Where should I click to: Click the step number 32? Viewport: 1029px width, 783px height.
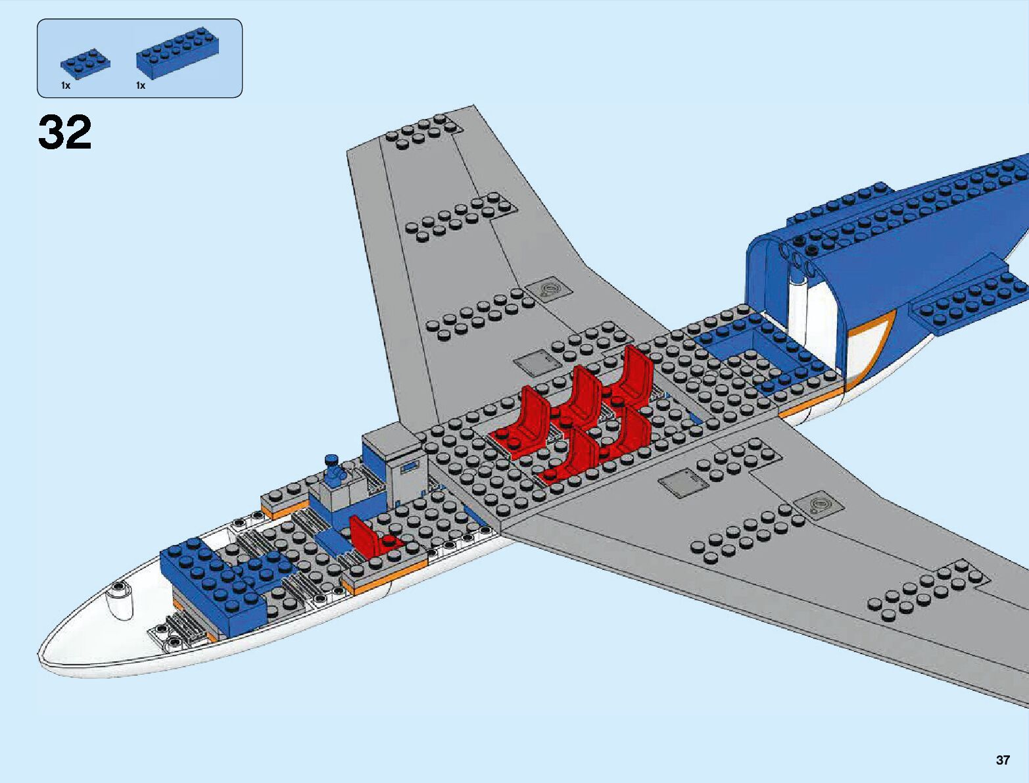click(64, 133)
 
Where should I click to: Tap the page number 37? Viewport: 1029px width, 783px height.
click(1002, 760)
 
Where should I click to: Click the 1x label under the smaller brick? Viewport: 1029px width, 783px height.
click(66, 85)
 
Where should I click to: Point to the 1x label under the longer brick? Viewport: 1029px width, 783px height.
click(141, 85)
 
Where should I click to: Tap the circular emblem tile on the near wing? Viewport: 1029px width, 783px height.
click(819, 505)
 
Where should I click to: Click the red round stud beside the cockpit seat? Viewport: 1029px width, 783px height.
click(390, 541)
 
